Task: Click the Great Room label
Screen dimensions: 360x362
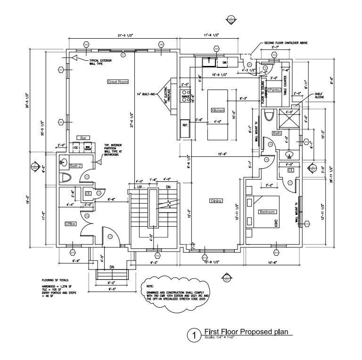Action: pos(118,82)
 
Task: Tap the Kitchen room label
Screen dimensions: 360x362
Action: pos(217,110)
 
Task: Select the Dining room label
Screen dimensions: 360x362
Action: pos(216,201)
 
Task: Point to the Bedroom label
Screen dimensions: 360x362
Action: pos(267,212)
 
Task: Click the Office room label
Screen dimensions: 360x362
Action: pos(70,223)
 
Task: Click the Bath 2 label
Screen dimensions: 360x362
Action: pos(75,166)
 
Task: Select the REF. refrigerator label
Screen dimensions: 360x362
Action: pos(185,125)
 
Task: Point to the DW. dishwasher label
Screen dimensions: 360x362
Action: pos(225,62)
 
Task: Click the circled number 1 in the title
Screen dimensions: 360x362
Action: pos(192,335)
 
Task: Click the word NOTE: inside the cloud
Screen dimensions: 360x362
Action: pos(150,286)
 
